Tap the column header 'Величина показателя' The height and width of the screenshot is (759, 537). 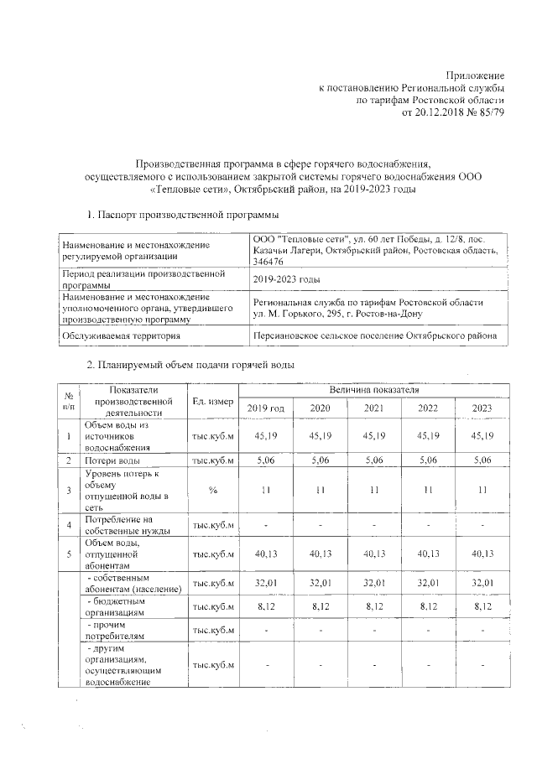point(374,390)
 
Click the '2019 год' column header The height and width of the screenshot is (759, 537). point(265,408)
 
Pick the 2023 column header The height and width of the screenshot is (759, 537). point(482,408)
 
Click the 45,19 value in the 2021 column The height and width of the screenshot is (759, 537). point(373,436)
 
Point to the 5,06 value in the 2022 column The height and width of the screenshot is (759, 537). point(428,460)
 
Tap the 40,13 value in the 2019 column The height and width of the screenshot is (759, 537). point(265,553)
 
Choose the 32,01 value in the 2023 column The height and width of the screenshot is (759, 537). point(482,583)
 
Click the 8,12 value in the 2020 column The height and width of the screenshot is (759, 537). point(320,606)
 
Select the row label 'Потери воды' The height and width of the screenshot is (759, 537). point(112,460)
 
